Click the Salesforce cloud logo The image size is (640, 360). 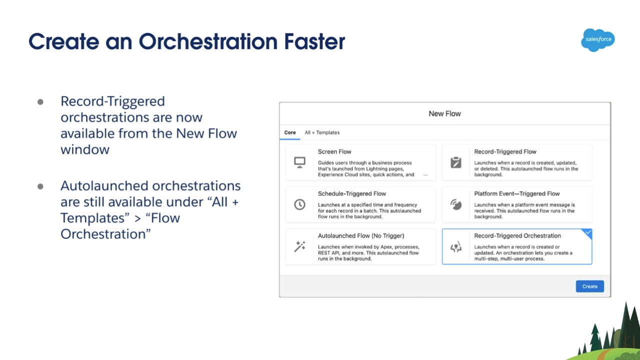pos(597,40)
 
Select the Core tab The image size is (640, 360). pos(289,132)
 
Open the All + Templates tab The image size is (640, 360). pos(322,132)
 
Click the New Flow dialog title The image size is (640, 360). pos(444,113)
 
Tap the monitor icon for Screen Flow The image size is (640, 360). pos(299,162)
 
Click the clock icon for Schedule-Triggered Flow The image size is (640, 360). pos(299,204)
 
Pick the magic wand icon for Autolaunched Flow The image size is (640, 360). pos(299,246)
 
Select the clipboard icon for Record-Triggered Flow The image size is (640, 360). pos(456,162)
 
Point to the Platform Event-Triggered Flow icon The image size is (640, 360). pos(456,204)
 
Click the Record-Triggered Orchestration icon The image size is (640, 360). pos(456,247)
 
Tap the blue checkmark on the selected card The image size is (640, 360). pos(588,232)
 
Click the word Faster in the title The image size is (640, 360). pos(314,41)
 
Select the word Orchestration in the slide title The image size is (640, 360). pos(208,41)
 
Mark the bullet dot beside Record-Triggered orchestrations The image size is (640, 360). pos(40,102)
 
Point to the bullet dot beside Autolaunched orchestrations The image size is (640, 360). pos(40,186)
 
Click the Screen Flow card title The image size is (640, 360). pos(334,151)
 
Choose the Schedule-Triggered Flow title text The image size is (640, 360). pos(352,193)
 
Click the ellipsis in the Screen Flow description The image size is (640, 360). pos(425,175)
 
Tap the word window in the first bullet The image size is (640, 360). pos(85,149)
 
